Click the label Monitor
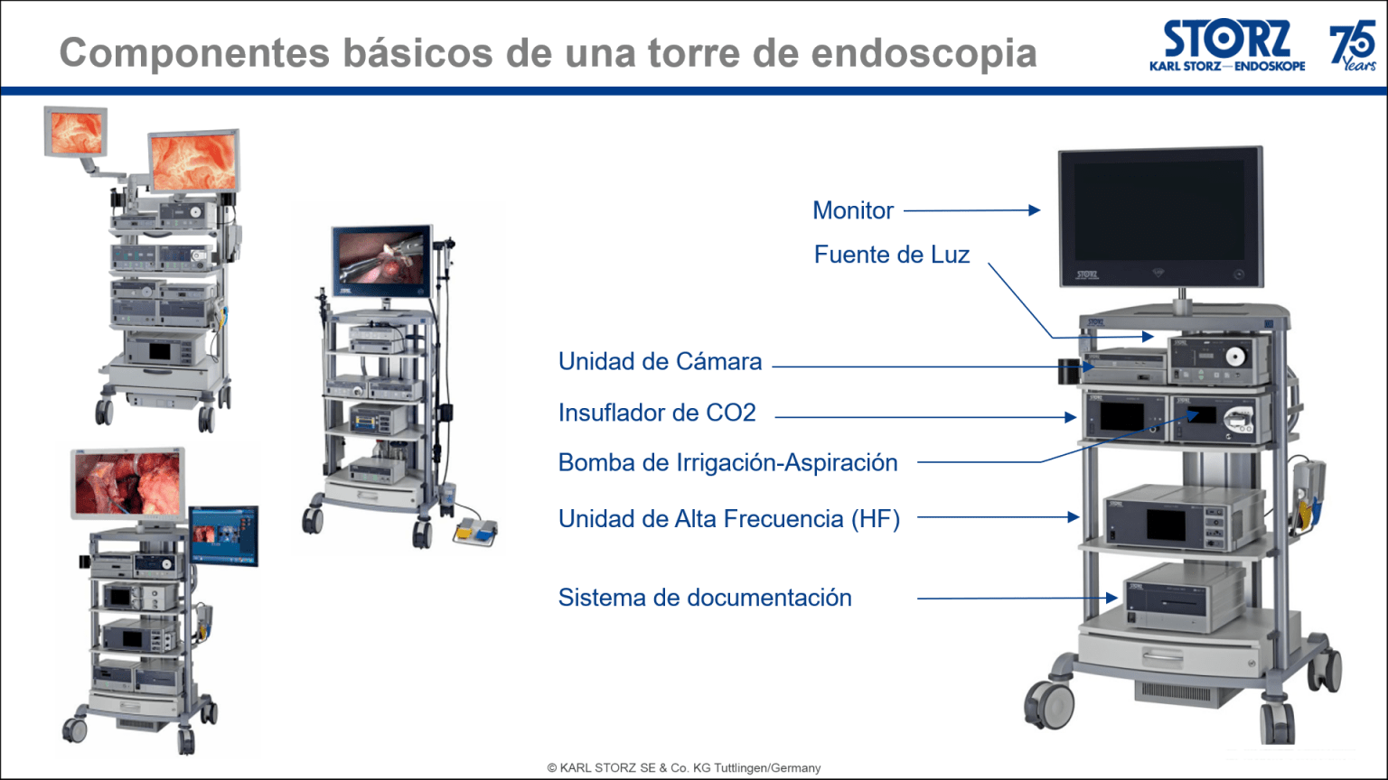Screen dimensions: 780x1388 [x=852, y=210]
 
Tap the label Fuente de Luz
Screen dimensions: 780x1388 [x=891, y=255]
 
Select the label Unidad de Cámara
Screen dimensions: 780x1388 [x=660, y=362]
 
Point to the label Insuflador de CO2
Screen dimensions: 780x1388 [x=656, y=413]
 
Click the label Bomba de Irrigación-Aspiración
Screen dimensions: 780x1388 [x=727, y=463]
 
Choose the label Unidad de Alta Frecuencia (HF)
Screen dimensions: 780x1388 [x=728, y=519]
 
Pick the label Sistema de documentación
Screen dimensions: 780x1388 [x=704, y=598]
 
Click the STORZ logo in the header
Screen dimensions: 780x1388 [x=1227, y=45]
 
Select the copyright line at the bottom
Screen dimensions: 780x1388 [x=684, y=768]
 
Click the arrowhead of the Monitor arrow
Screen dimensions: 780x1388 [x=1036, y=210]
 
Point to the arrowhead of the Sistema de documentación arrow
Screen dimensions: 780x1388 [x=1112, y=598]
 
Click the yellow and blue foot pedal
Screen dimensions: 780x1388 [x=474, y=532]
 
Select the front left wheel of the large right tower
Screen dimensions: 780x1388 [x=1047, y=701]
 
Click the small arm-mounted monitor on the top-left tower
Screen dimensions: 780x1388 [x=76, y=131]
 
